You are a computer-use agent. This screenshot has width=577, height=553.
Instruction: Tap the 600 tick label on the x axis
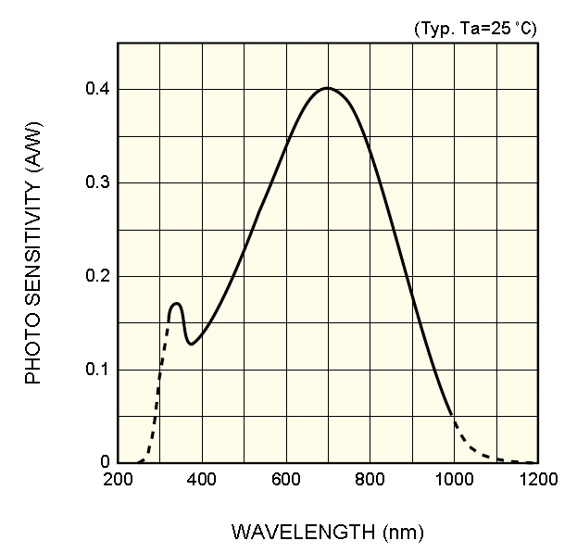[x=285, y=480]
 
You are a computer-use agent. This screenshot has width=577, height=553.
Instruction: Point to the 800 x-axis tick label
[x=370, y=480]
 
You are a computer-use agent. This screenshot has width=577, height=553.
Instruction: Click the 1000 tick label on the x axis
[x=454, y=480]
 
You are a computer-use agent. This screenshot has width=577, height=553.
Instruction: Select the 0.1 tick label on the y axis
[x=96, y=370]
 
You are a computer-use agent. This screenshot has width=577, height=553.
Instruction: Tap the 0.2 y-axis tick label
[x=96, y=276]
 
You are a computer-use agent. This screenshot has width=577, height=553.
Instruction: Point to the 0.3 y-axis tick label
[x=96, y=182]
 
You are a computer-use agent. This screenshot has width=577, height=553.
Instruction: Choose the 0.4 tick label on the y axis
[x=96, y=89]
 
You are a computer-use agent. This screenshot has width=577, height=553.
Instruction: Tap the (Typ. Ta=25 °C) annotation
[x=474, y=29]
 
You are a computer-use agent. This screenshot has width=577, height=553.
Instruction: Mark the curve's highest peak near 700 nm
[x=327, y=88]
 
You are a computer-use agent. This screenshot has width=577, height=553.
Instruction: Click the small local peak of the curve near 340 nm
[x=176, y=303]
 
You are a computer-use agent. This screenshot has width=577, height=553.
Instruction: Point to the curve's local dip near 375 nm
[x=192, y=344]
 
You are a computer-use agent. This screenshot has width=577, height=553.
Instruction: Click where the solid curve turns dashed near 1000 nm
[x=452, y=416]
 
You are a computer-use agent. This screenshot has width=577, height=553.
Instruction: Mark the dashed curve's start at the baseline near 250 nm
[x=138, y=462]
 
